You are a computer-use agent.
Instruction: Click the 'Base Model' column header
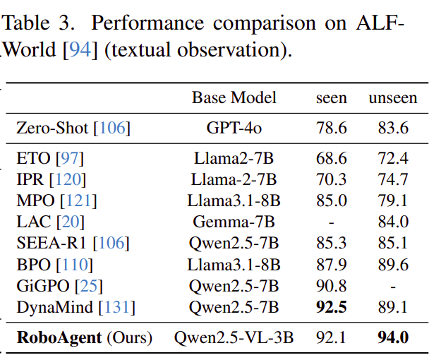(x=234, y=98)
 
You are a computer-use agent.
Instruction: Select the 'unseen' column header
(x=393, y=98)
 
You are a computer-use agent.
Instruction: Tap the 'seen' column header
(x=332, y=99)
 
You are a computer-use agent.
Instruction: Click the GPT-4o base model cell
(x=234, y=128)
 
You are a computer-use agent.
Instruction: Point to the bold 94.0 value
(x=393, y=337)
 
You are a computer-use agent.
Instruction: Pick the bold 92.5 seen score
(x=332, y=307)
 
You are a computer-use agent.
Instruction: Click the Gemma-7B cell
(x=234, y=222)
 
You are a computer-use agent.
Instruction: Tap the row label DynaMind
(x=54, y=307)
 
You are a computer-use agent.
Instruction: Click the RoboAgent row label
(x=59, y=337)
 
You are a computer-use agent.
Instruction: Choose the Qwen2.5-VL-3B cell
(x=234, y=337)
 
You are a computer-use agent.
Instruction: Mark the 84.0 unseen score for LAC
(x=393, y=222)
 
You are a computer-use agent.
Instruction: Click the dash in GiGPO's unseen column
(x=393, y=287)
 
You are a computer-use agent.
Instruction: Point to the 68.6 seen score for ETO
(x=332, y=158)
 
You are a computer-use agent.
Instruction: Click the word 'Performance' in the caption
(x=147, y=23)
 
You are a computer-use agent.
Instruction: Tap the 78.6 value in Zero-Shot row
(x=332, y=128)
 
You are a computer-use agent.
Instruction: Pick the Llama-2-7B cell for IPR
(x=234, y=179)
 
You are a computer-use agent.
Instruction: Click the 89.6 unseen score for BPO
(x=393, y=265)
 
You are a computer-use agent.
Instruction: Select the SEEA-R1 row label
(x=52, y=243)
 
